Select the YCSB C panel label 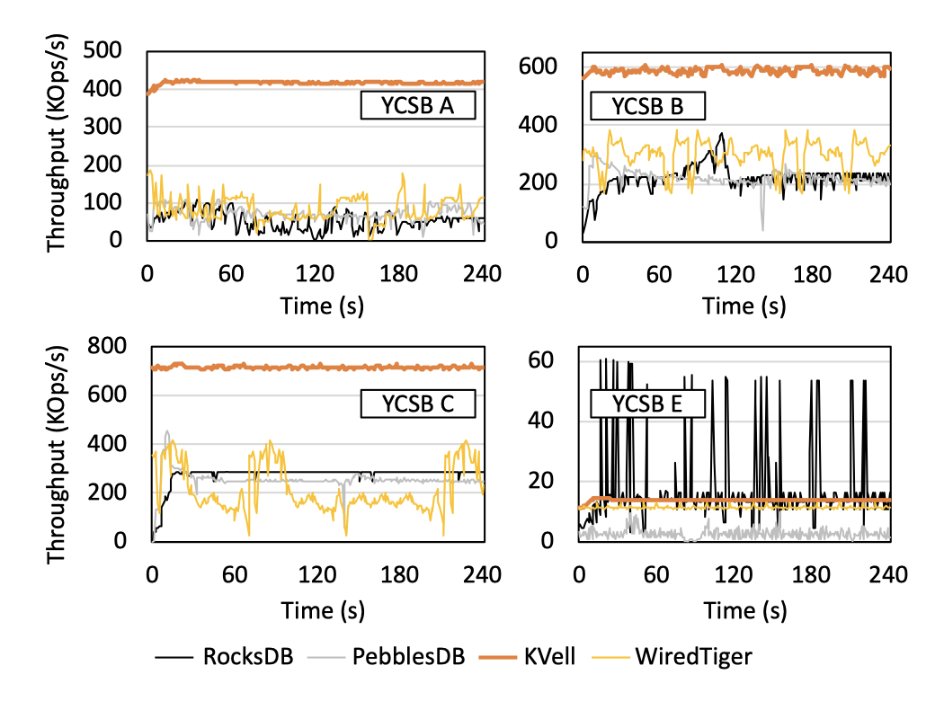[x=419, y=404]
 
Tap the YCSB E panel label [x=647, y=404]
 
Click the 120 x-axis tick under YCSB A [x=316, y=272]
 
